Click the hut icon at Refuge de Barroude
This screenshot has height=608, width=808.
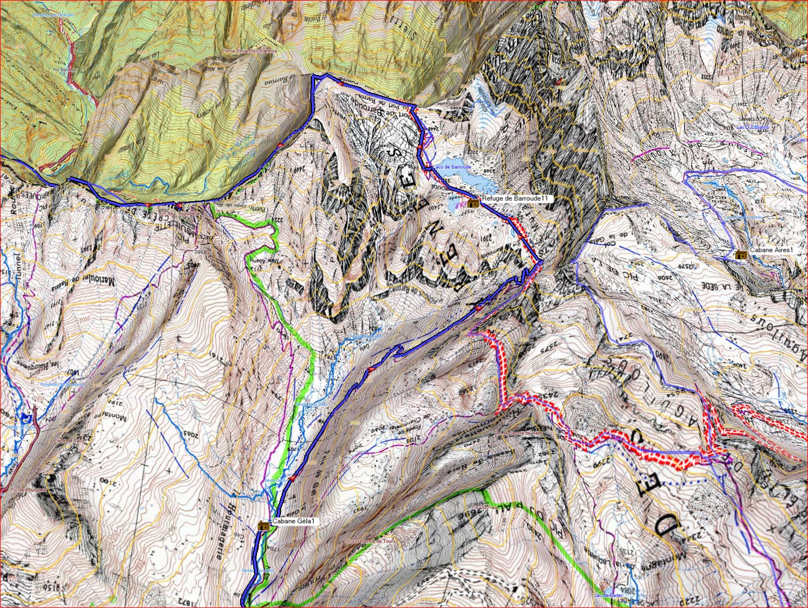[473, 203]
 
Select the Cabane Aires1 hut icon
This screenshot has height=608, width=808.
[740, 254]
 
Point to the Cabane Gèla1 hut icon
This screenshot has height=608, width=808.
[264, 525]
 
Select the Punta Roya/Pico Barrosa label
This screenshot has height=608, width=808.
[249, 51]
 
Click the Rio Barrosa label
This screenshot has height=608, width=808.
[64, 70]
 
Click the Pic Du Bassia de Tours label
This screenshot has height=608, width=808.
[369, 541]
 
